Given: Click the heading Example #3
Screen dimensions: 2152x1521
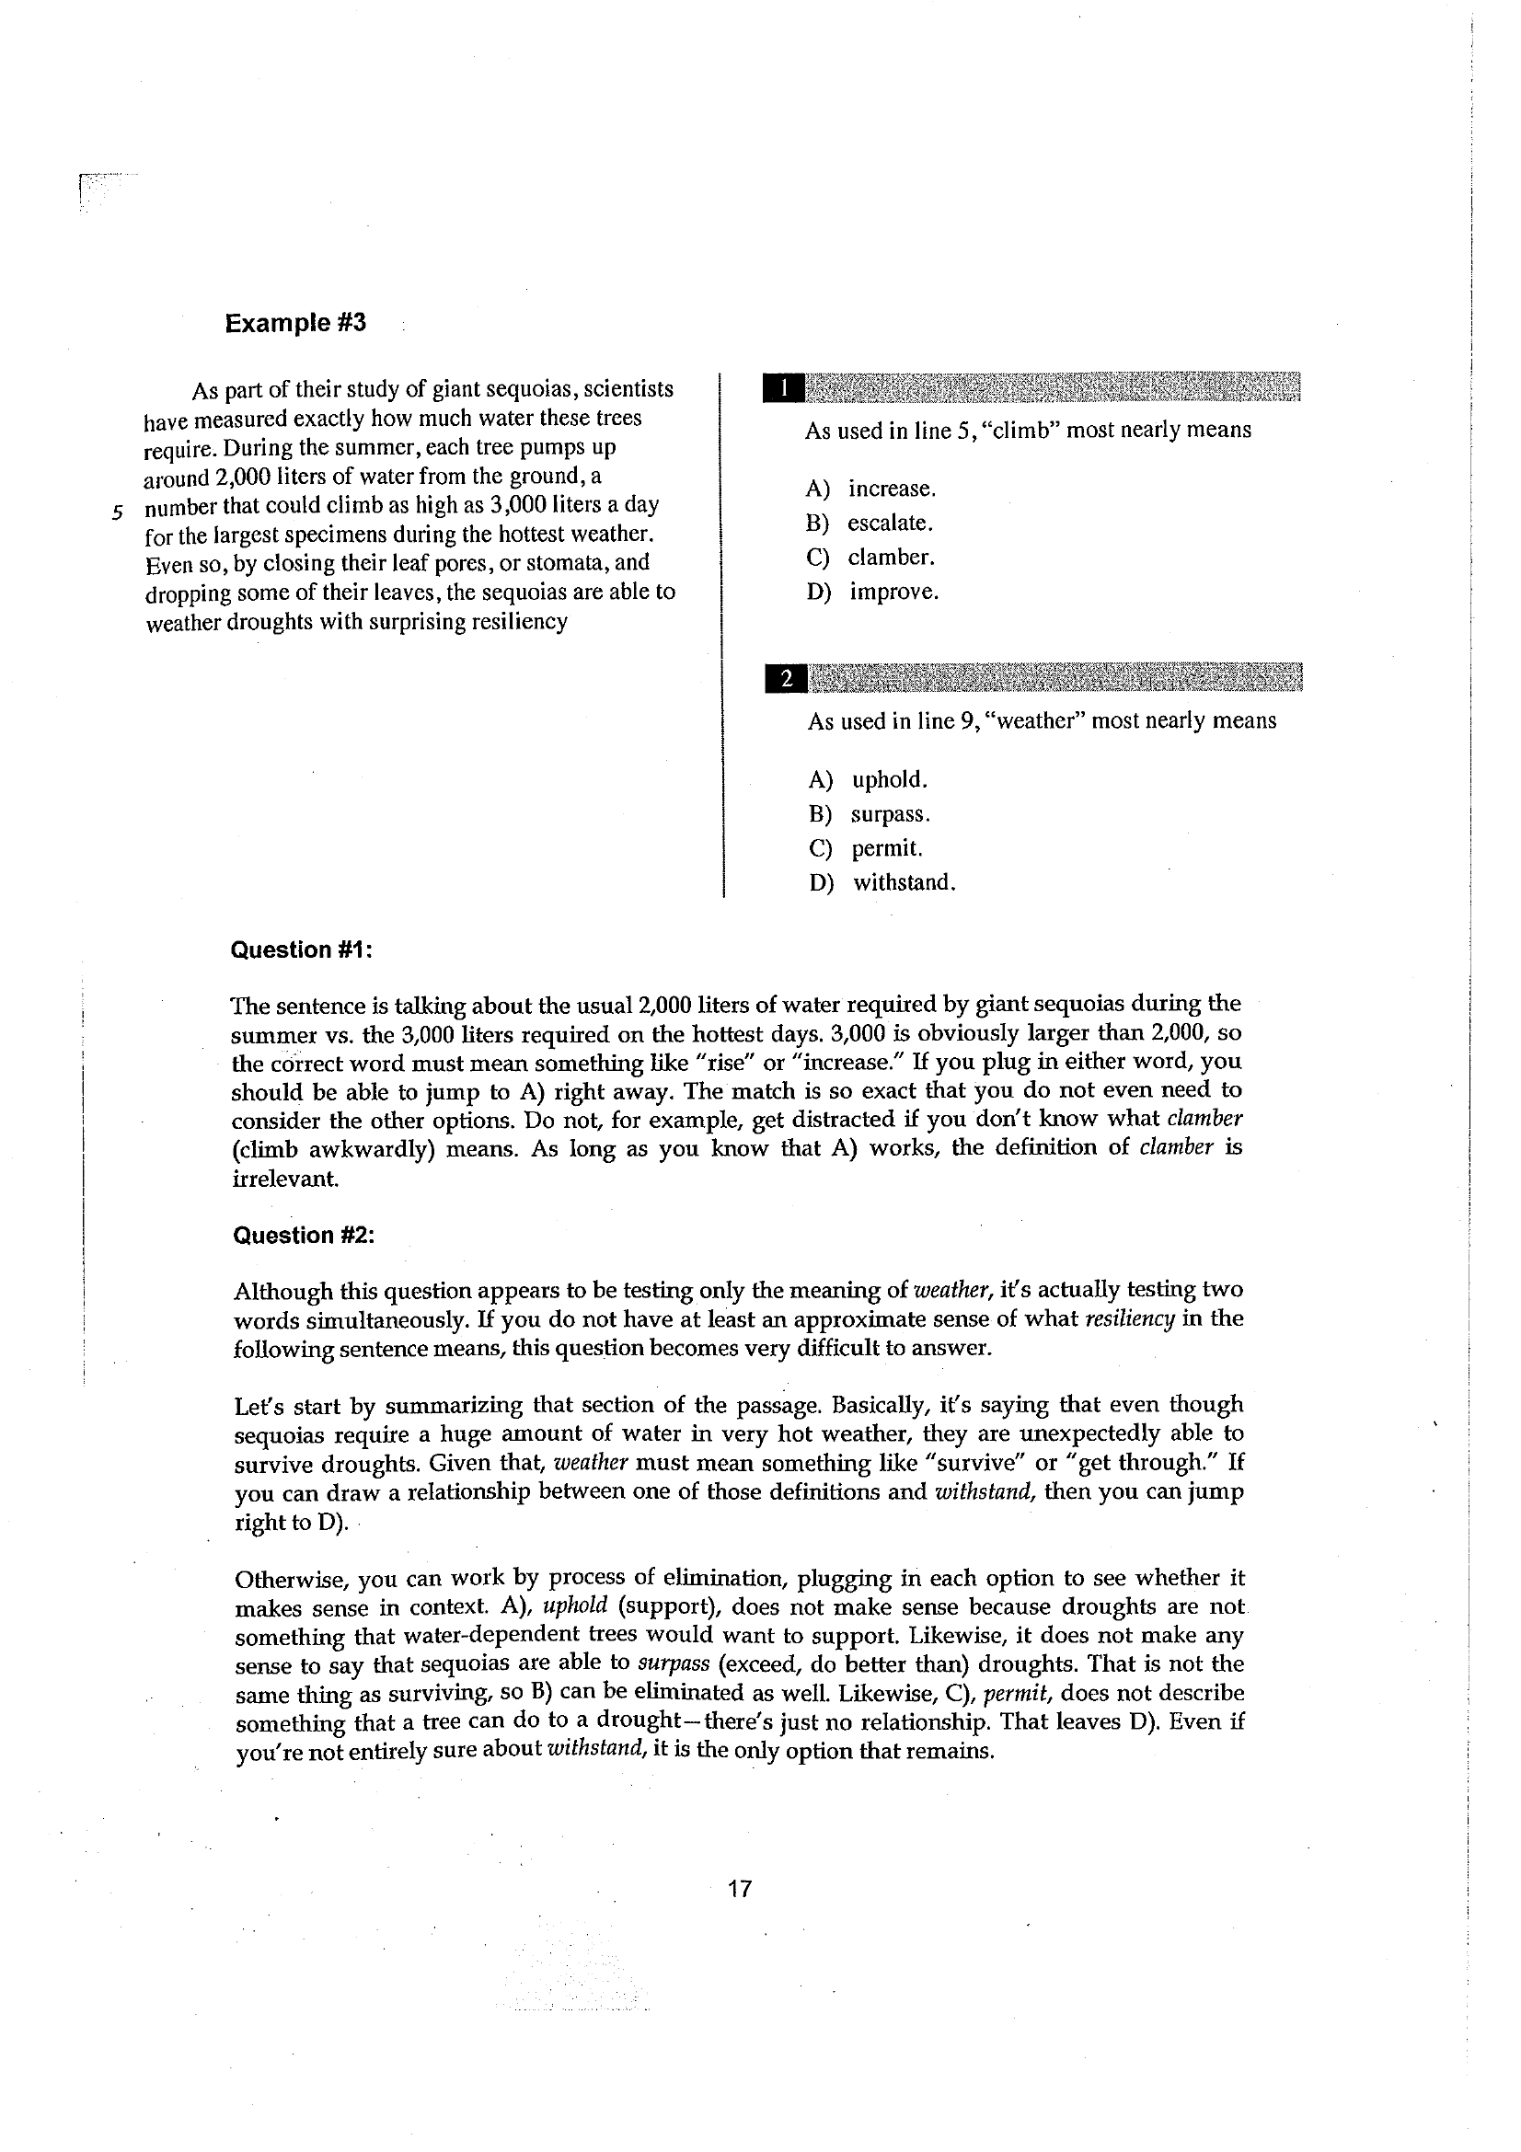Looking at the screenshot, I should (x=295, y=323).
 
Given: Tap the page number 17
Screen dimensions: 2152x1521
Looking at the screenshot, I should (x=740, y=1889).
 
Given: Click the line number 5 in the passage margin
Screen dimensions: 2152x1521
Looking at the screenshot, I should (x=117, y=512).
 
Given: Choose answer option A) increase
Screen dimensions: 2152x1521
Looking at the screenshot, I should (x=871, y=489).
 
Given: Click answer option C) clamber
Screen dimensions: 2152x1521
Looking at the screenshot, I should (x=870, y=558).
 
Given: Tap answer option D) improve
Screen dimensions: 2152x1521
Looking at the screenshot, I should (x=872, y=593).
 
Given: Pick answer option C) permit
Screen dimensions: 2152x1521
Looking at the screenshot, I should (x=865, y=849).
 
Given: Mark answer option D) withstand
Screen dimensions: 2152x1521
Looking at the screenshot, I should (x=881, y=883).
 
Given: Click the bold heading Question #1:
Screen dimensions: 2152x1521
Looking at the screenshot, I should (x=302, y=950).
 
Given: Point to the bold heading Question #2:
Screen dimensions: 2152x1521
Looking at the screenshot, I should (x=304, y=1236).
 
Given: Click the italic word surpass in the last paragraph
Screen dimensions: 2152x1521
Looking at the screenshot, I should (x=673, y=1663).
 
